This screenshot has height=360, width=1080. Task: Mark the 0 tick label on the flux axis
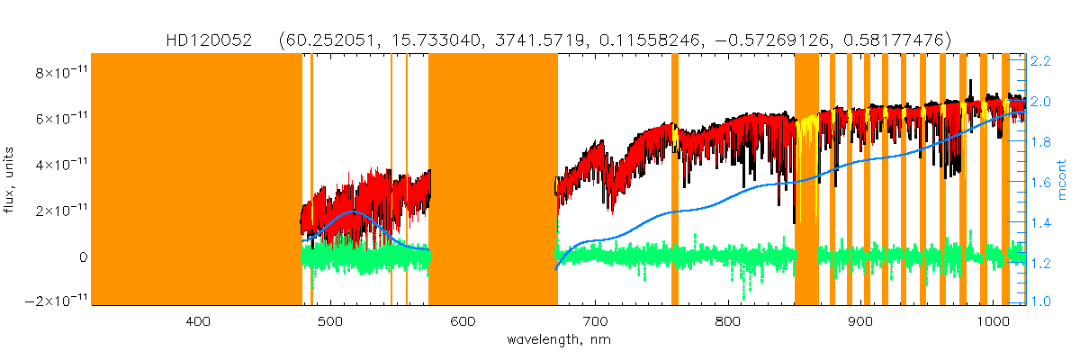[82, 256]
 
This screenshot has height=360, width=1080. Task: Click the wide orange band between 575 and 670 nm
[492, 180]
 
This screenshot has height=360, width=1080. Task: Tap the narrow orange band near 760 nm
[675, 180]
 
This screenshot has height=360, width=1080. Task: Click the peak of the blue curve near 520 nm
[353, 211]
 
